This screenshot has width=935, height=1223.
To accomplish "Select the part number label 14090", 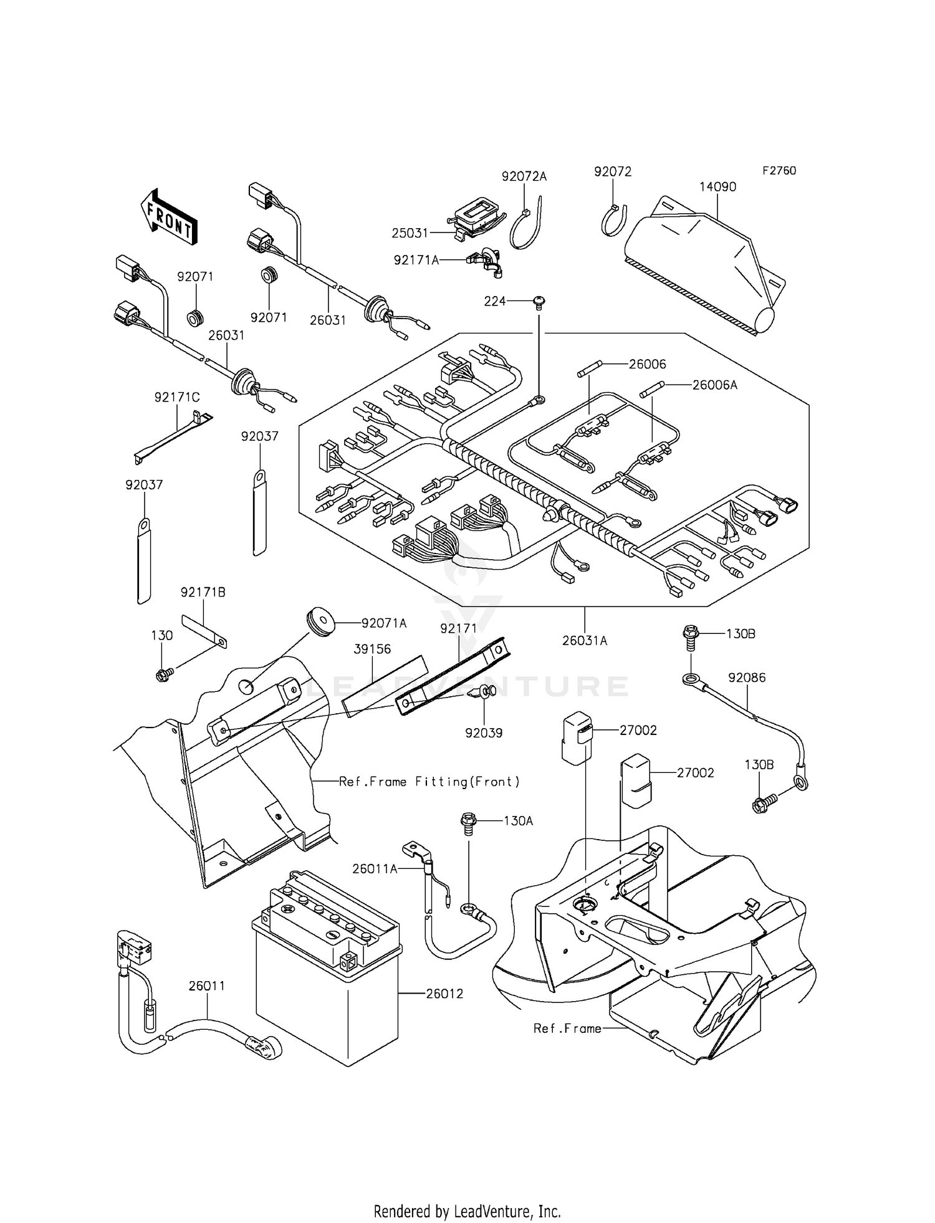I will point(717,186).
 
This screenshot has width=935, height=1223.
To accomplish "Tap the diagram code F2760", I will point(779,171).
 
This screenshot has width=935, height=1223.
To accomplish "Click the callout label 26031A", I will point(584,640).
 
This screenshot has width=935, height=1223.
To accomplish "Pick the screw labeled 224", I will point(539,302).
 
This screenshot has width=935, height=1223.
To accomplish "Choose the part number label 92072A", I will point(524,176).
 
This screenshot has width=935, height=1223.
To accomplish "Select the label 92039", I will point(484,733).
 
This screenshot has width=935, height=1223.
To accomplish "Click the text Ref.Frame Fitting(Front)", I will point(429,782).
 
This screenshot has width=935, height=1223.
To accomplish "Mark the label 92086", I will point(747,678).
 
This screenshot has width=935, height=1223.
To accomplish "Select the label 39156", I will point(372,649).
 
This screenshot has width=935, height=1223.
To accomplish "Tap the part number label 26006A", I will point(714,385).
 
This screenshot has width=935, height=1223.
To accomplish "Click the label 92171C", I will point(177,397).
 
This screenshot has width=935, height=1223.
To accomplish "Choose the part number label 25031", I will point(410,233).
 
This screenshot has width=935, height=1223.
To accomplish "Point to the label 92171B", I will point(203,592).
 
